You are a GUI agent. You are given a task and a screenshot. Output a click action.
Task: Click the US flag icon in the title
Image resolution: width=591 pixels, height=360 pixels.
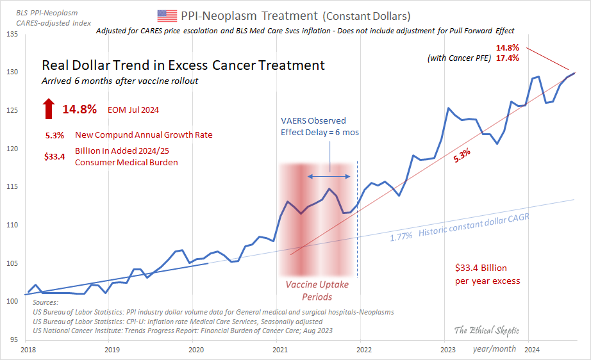click(x=167, y=15)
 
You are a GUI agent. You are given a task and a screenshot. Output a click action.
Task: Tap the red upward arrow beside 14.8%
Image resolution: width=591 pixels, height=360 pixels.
click(x=49, y=109)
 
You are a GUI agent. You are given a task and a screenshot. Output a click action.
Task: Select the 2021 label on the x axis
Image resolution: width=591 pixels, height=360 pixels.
click(x=280, y=349)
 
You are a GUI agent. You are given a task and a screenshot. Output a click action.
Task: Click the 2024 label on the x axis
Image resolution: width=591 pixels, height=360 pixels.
click(x=531, y=349)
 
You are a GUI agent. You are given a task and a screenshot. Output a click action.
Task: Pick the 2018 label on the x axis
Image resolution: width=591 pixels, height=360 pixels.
click(x=28, y=349)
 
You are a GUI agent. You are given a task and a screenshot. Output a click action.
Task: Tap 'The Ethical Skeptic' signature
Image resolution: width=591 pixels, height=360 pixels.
click(x=487, y=331)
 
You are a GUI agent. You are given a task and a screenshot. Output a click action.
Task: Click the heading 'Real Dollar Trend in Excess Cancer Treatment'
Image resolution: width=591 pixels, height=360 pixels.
click(x=183, y=65)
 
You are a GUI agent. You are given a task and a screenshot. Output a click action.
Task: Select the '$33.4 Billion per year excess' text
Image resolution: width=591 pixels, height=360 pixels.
click(x=487, y=275)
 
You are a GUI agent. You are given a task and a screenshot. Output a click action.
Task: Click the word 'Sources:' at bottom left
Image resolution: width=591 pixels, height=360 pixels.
click(x=44, y=302)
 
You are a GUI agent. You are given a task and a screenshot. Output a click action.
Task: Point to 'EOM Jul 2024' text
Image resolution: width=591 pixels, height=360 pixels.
click(x=133, y=110)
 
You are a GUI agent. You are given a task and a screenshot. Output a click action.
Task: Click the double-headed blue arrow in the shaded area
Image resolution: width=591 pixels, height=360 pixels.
click(x=330, y=176)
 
